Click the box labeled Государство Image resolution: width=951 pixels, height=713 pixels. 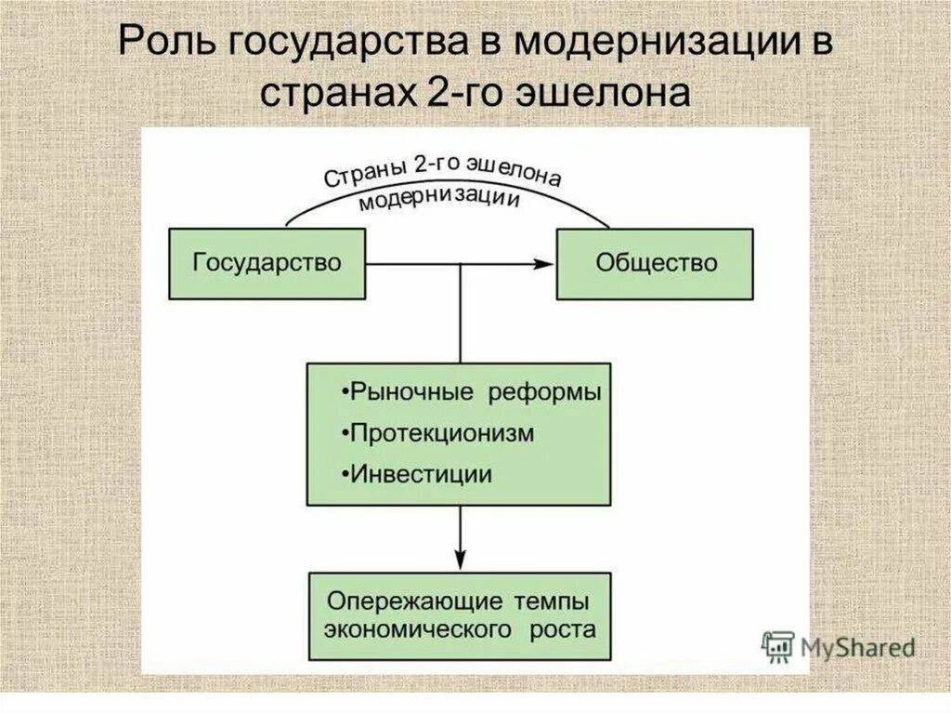267,264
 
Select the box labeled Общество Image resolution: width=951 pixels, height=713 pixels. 655,264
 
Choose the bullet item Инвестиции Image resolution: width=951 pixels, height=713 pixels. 417,474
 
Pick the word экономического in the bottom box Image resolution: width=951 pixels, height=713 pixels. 418,628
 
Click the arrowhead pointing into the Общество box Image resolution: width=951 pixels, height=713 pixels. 543,264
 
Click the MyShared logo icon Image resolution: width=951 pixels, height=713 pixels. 775,646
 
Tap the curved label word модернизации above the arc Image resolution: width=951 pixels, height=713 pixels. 439,199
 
